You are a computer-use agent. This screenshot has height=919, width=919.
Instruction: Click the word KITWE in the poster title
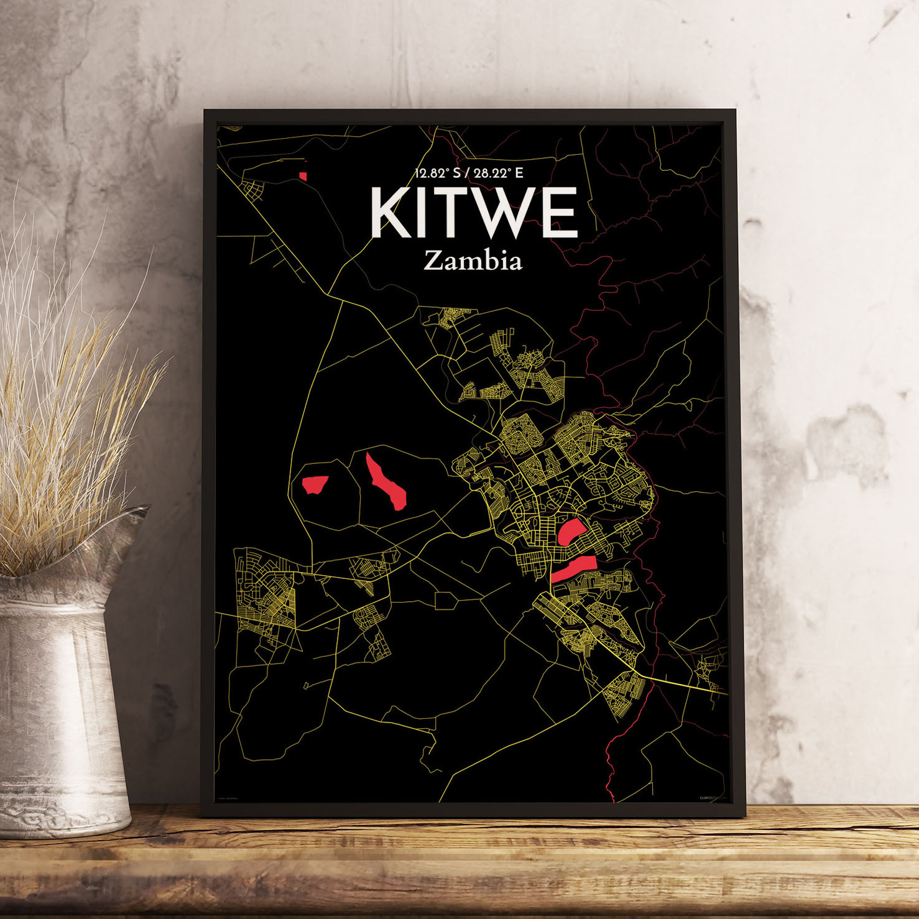click(474, 213)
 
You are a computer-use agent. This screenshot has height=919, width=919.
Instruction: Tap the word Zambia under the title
click(473, 261)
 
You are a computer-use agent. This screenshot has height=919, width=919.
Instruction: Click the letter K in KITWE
click(392, 213)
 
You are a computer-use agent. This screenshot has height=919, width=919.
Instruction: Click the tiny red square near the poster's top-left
click(303, 176)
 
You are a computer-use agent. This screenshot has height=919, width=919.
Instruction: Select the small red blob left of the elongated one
click(315, 484)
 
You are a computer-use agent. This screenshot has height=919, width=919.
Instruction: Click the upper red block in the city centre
click(570, 532)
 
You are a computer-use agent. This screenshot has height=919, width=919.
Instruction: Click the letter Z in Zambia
click(432, 261)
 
